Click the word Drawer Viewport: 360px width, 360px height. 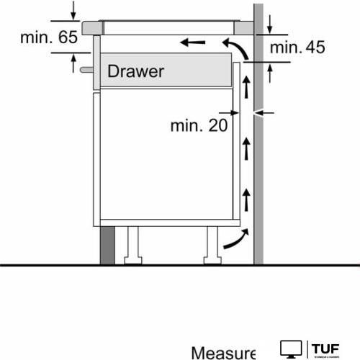pyautogui.click(x=136, y=71)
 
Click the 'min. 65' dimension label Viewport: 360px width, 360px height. pyautogui.click(x=49, y=37)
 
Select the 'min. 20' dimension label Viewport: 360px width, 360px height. pyautogui.click(x=199, y=125)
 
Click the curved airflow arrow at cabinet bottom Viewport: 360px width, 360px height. pyautogui.click(x=236, y=240)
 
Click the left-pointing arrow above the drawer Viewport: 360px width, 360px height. pyautogui.click(x=192, y=42)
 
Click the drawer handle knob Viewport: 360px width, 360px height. pyautogui.click(x=85, y=71)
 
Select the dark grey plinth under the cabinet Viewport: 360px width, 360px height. pyautogui.click(x=107, y=246)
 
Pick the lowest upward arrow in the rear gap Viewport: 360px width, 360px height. pyautogui.click(x=246, y=197)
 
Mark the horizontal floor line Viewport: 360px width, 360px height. pyautogui.click(x=180, y=265)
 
